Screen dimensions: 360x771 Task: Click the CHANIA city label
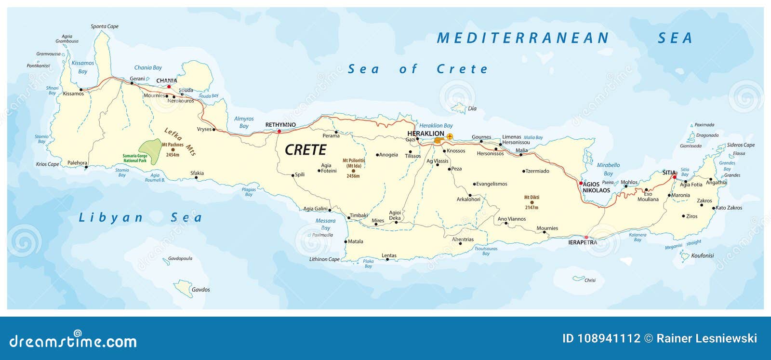click(166, 80)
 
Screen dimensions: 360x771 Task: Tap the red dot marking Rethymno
click(279, 131)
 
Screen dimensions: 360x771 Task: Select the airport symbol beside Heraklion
click(450, 137)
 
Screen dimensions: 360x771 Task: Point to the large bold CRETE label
click(306, 150)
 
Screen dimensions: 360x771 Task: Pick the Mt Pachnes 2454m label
click(173, 149)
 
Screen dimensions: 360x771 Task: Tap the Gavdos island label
click(200, 290)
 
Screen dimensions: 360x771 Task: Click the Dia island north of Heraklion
click(460, 108)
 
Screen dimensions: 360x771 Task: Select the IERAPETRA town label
click(582, 242)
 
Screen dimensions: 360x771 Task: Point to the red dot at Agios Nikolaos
click(581, 183)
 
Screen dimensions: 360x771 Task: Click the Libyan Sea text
click(140, 218)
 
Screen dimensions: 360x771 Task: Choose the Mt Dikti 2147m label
click(532, 202)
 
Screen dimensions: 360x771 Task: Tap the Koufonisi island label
click(702, 255)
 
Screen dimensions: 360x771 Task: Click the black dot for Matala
click(346, 241)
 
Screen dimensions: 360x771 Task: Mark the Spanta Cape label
click(105, 27)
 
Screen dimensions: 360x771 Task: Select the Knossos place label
click(456, 151)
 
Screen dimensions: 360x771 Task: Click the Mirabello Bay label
click(608, 169)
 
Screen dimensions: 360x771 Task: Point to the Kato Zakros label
click(729, 208)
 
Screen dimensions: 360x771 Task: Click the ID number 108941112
click(601, 338)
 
